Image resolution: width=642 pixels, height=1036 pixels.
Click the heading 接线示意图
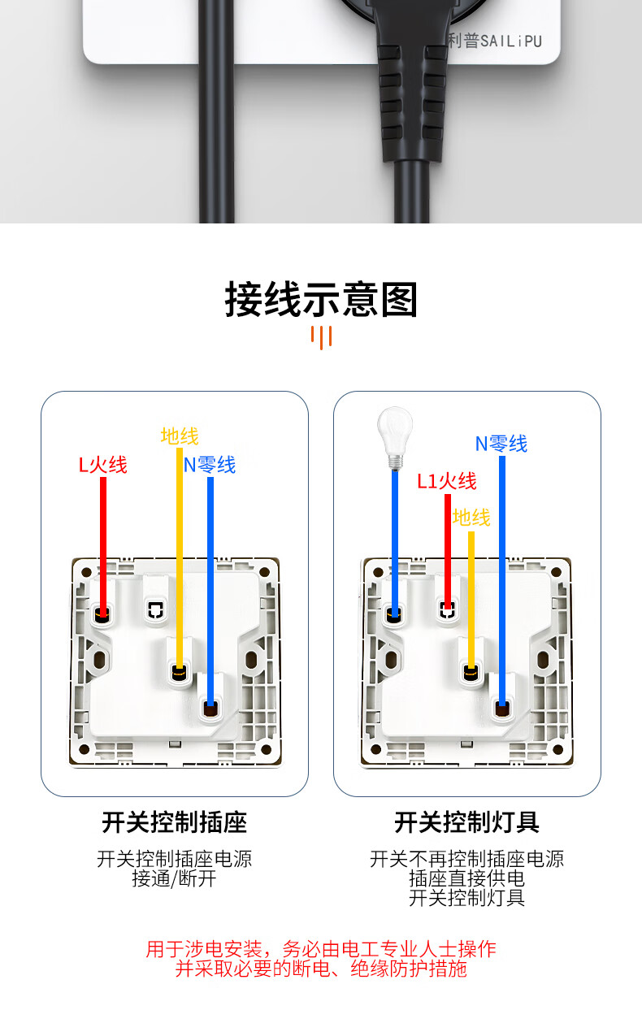pyautogui.click(x=321, y=300)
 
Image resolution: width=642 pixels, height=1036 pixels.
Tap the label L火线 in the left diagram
pyautogui.click(x=102, y=465)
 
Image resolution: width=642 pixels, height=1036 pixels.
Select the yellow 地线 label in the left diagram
pyautogui.click(x=180, y=436)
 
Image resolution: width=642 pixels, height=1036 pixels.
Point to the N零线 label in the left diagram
pyautogui.click(x=210, y=465)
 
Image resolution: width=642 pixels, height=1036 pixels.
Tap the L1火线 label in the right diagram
pyautogui.click(x=447, y=481)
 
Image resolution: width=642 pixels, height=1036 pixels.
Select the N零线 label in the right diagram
pyautogui.click(x=501, y=444)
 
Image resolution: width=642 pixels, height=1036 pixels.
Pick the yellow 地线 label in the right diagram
pyautogui.click(x=471, y=518)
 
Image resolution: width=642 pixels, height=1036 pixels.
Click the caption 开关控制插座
pyautogui.click(x=174, y=822)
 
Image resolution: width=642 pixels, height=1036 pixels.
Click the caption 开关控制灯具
pyautogui.click(x=466, y=822)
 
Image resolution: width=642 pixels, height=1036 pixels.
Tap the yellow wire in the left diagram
pyautogui.click(x=180, y=553)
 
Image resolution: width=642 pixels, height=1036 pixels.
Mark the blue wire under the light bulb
pyautogui.click(x=394, y=536)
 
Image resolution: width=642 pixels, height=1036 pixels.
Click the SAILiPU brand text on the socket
pyautogui.click(x=496, y=41)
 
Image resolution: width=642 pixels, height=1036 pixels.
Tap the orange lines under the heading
pyautogui.click(x=322, y=336)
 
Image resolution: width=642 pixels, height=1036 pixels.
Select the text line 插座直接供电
pyautogui.click(x=466, y=878)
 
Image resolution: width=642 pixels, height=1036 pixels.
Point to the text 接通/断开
pyautogui.click(x=174, y=878)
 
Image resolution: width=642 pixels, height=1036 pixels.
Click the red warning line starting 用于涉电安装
pyautogui.click(x=321, y=949)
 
